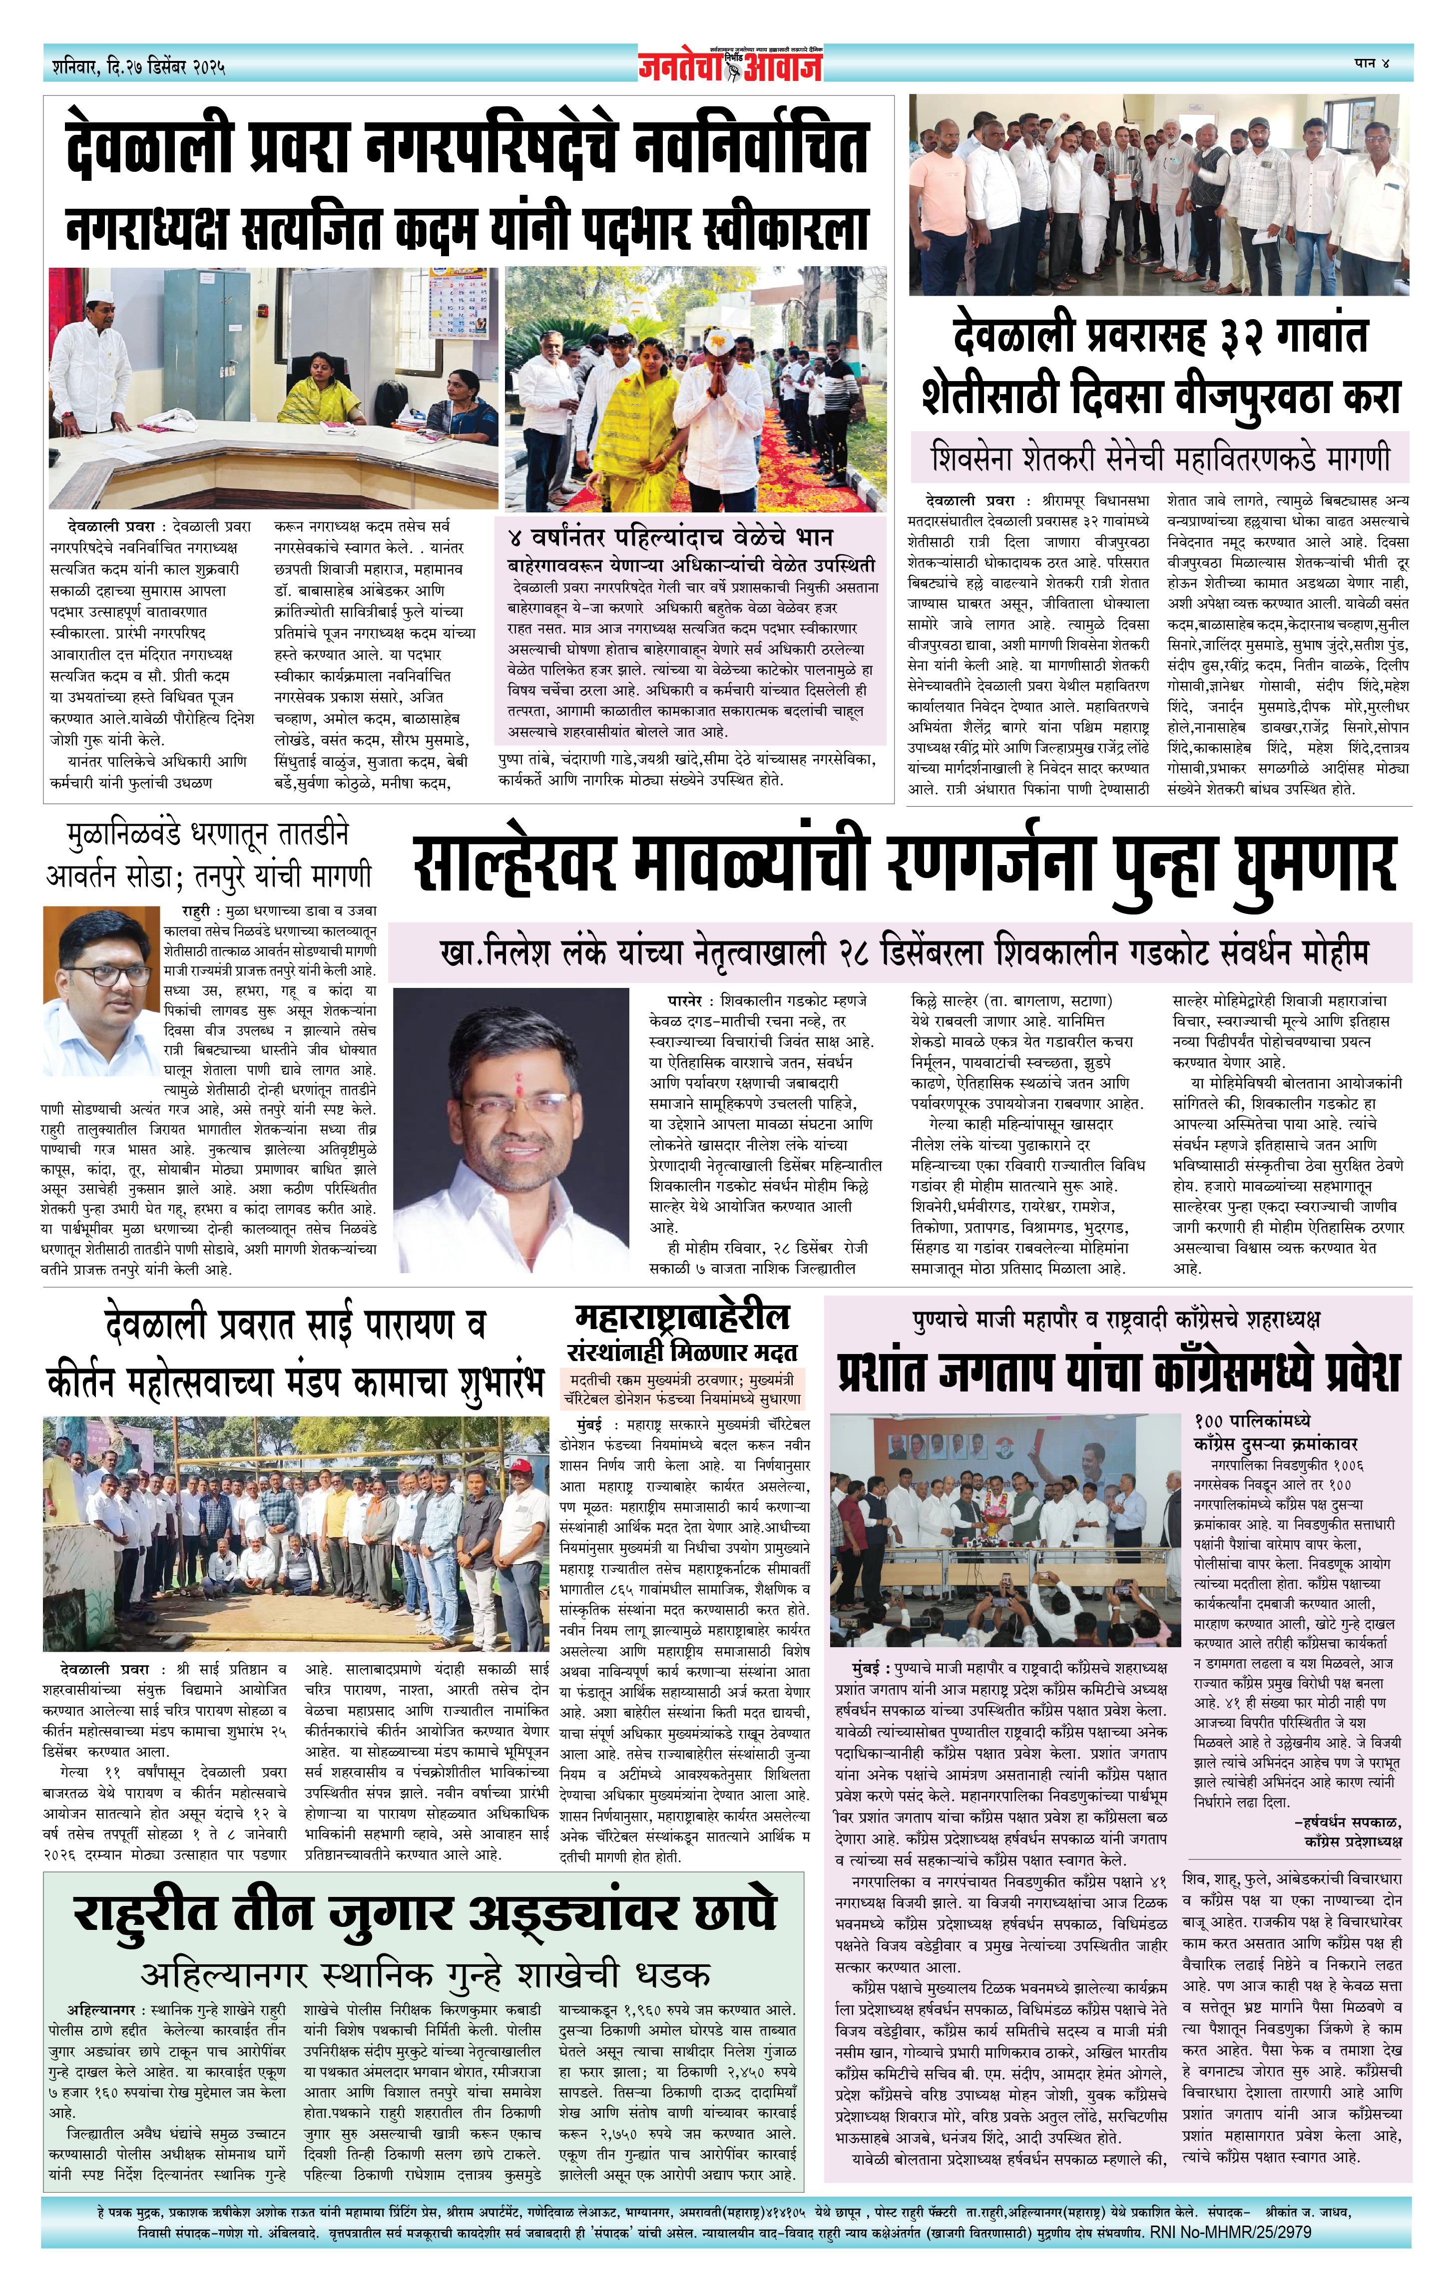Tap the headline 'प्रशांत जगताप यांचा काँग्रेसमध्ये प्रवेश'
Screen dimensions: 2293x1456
[1118, 1372]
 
